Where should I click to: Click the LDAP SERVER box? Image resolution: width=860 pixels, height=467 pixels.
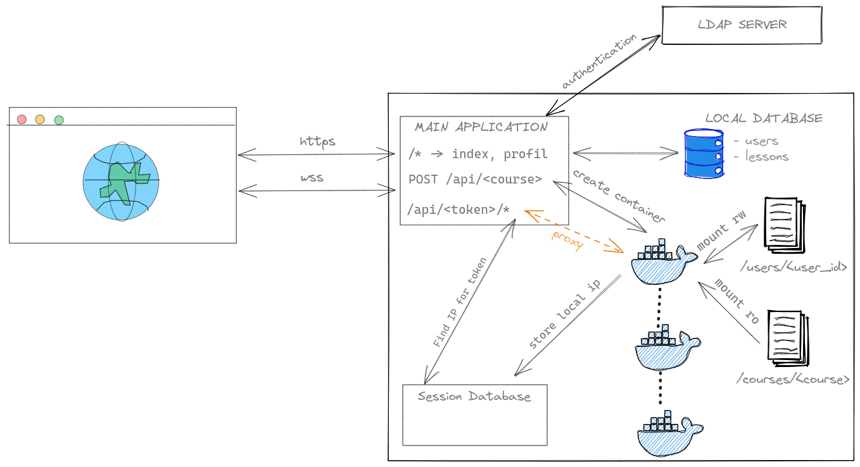pos(742,25)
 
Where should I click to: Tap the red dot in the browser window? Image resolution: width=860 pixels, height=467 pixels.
pos(22,119)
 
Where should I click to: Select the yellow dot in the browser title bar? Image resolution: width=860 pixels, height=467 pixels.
pos(40,119)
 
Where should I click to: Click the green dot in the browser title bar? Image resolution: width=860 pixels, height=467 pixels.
pos(59,120)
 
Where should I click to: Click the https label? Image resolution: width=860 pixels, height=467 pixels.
pos(317,141)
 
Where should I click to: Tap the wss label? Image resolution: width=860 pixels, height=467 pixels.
pos(312,177)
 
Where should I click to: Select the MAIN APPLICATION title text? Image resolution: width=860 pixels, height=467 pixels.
pos(481,127)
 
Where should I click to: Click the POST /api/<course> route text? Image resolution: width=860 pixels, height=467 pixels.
pos(475,179)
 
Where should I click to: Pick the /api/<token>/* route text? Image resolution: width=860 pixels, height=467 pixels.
pos(459,209)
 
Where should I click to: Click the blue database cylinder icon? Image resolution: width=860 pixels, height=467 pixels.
pos(703,153)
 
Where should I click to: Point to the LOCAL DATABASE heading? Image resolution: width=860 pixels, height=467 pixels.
pos(764,118)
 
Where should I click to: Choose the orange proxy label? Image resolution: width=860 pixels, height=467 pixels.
pos(567,240)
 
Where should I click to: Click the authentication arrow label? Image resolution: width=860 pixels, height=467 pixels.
pos(599,61)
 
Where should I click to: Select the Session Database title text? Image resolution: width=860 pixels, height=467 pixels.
pos(474,397)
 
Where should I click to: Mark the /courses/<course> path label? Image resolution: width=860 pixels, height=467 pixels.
pos(792,380)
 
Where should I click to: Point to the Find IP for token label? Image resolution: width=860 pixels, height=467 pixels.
pos(460,302)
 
